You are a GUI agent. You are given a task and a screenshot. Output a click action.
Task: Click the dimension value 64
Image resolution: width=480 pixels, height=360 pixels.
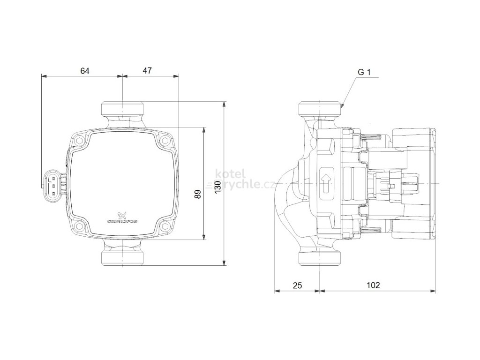point(84,71)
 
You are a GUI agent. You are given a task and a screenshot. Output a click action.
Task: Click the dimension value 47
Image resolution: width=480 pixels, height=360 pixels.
point(147,71)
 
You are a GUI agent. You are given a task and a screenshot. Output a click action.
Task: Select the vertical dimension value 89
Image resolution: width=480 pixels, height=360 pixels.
point(197,194)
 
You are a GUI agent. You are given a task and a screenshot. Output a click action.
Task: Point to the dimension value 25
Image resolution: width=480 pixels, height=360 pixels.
point(298,285)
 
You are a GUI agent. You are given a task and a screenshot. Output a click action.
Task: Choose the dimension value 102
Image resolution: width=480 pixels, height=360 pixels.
point(374,285)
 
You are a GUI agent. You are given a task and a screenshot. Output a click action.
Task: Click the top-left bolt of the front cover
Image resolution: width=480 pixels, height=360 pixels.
point(81,140)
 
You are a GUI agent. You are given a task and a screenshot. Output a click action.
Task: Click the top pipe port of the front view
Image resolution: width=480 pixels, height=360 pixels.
point(122,110)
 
